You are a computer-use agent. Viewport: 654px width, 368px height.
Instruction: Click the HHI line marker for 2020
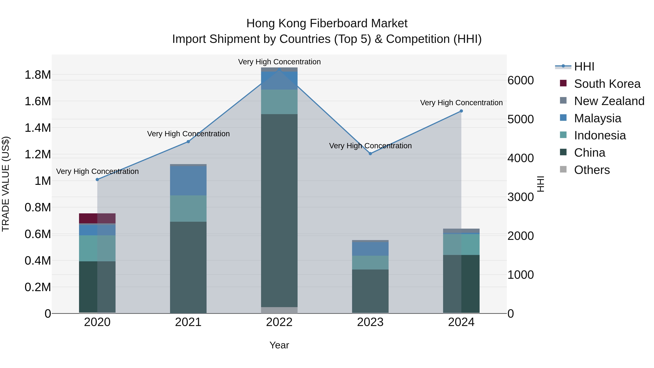97,180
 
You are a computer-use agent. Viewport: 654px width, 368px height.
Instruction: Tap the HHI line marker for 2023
370,154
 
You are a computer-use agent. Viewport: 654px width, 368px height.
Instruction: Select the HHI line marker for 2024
461,111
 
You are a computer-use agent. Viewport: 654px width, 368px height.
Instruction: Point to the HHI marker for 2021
188,142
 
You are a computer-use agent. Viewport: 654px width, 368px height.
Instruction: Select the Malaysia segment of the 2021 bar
188,181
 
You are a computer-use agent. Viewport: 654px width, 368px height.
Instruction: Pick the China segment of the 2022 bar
279,211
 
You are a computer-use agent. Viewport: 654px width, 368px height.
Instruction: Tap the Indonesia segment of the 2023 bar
370,263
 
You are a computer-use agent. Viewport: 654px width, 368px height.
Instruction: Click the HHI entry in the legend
584,67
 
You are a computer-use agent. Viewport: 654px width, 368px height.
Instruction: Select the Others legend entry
592,170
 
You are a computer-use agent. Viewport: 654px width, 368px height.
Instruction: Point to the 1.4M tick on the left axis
38,128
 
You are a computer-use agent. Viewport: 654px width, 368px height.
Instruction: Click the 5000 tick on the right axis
520,119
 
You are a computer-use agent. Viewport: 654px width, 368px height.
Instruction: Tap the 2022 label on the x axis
279,322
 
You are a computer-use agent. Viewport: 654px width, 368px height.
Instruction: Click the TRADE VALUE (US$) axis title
6,184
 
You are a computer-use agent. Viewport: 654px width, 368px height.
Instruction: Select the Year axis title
279,345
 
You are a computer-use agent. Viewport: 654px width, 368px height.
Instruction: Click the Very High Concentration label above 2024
461,103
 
